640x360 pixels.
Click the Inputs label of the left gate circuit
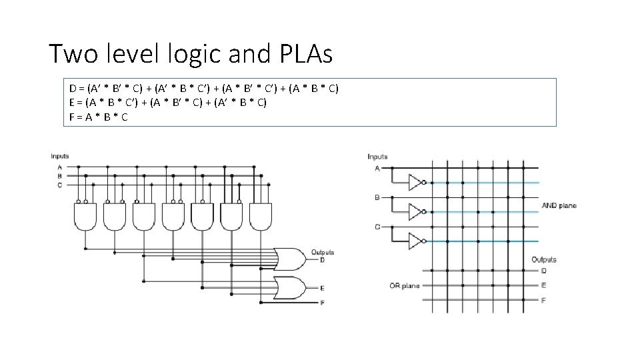(x=60, y=157)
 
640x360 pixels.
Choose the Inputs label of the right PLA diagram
(x=377, y=157)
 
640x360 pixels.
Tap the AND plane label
(x=559, y=206)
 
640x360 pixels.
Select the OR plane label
(x=405, y=286)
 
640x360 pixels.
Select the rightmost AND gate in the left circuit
(x=260, y=216)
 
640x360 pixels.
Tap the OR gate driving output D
(x=291, y=257)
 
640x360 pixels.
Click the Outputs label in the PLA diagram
(x=543, y=259)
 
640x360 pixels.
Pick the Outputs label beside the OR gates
(x=322, y=253)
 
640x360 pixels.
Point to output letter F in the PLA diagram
(x=543, y=301)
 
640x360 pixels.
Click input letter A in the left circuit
(x=59, y=167)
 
